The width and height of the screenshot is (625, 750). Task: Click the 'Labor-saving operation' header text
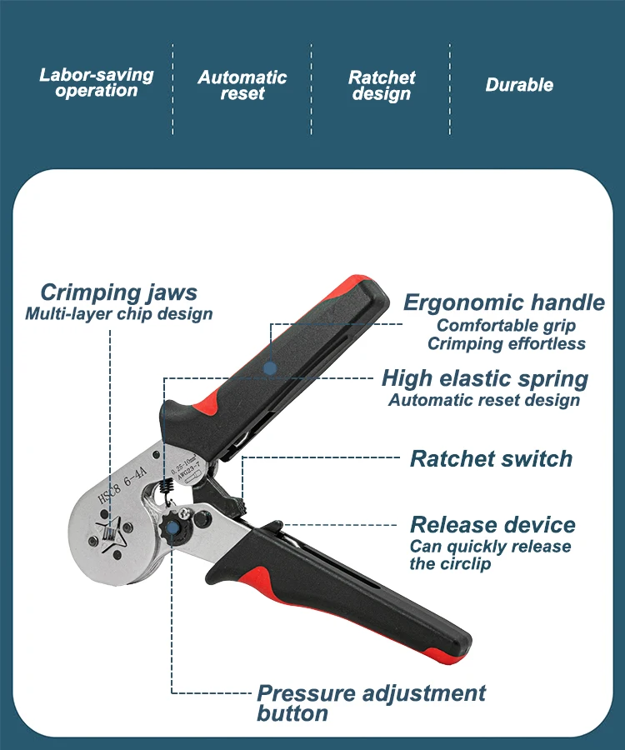[97, 82]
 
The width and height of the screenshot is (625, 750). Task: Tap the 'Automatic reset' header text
[242, 86]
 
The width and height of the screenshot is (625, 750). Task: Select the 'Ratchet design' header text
[382, 86]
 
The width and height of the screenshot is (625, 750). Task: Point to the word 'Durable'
[519, 85]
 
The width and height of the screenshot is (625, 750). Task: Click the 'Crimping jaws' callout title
[118, 292]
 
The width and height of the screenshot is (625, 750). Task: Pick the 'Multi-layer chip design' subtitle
[118, 314]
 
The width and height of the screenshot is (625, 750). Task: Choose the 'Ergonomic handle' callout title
[503, 302]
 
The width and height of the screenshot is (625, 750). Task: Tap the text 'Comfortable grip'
[506, 325]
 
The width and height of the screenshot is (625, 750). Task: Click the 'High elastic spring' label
[485, 378]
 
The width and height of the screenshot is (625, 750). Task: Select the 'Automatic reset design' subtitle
[484, 400]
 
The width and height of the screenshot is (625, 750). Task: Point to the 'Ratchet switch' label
[491, 458]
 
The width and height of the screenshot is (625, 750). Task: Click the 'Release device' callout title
[492, 525]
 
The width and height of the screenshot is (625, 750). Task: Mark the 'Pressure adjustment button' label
[371, 702]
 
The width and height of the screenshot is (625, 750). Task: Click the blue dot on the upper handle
[269, 367]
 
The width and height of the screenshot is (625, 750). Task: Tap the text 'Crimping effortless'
[507, 343]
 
